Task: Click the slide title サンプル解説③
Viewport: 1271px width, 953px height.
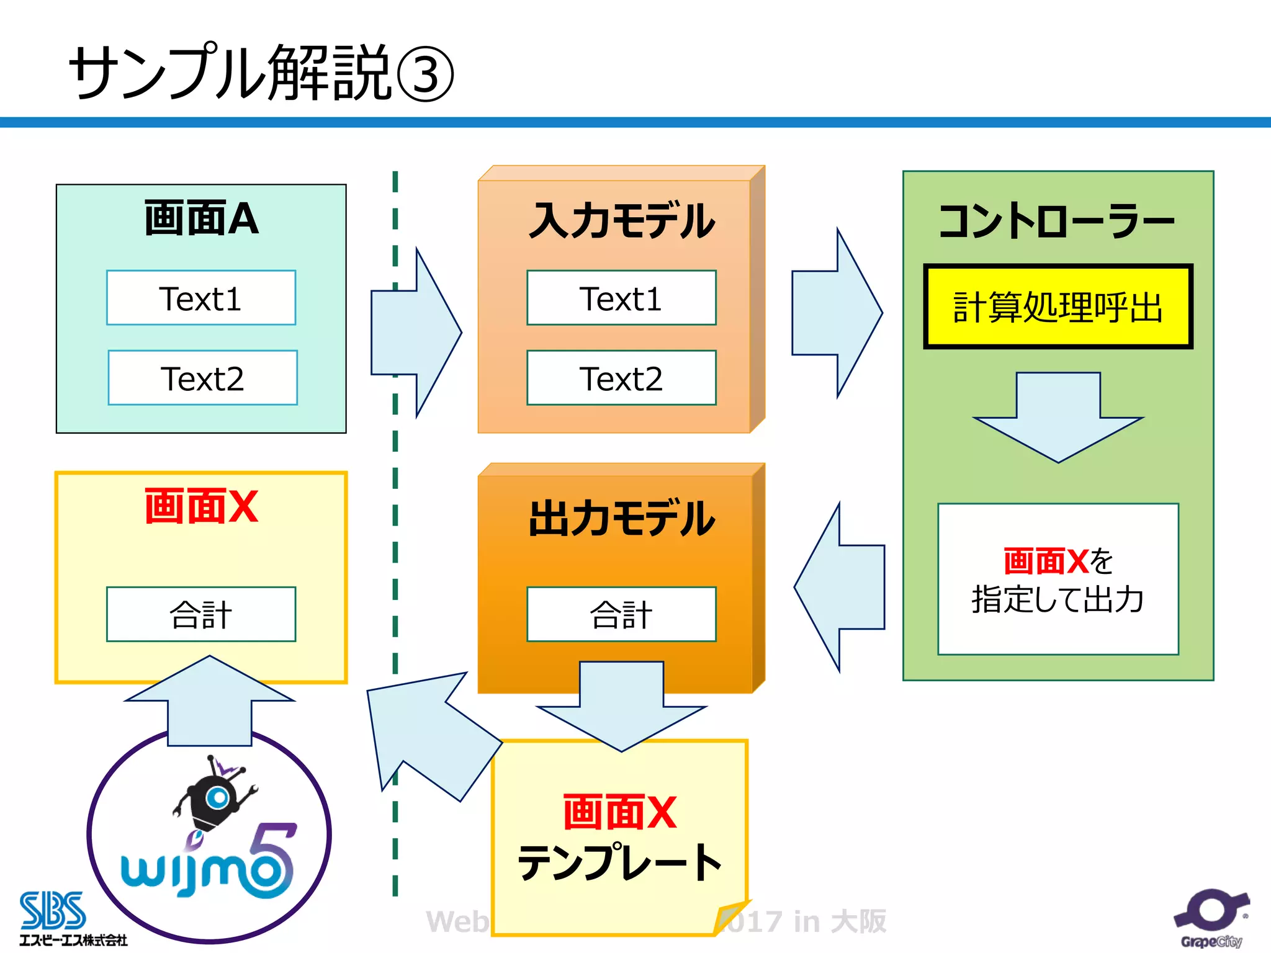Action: tap(261, 73)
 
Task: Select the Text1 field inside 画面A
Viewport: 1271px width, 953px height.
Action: tap(201, 298)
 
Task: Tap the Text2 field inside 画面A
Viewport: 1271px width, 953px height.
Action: tap(202, 378)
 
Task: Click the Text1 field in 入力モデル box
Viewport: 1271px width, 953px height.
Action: tap(621, 298)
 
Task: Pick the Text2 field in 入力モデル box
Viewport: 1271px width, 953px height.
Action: tap(621, 378)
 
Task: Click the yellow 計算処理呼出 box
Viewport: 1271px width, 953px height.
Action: tap(1058, 306)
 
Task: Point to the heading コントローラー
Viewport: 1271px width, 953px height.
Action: tap(1057, 221)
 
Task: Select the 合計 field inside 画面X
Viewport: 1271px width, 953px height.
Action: tap(201, 614)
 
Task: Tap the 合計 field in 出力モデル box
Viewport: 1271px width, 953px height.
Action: tap(621, 614)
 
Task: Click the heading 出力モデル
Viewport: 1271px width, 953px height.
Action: tap(621, 519)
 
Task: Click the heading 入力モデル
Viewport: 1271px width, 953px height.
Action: tap(621, 221)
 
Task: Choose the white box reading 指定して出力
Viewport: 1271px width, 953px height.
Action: tap(1058, 579)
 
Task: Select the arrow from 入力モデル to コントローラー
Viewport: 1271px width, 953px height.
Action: tap(838, 313)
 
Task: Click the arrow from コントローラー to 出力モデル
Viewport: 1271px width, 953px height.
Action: tap(839, 587)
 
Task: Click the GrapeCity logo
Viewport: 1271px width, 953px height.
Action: tap(1211, 919)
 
